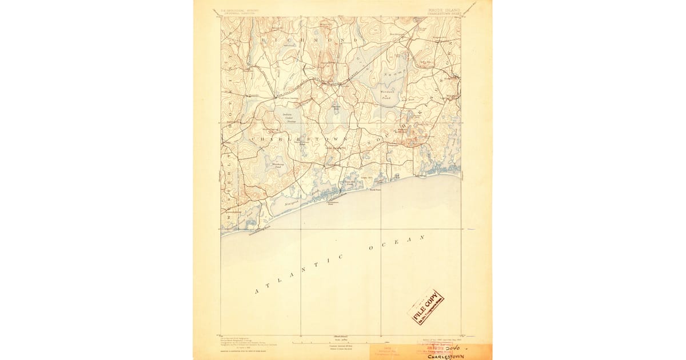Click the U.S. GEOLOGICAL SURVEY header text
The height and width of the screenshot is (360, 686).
pyautogui.click(x=236, y=10)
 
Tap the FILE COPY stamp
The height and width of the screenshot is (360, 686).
pyautogui.click(x=426, y=307)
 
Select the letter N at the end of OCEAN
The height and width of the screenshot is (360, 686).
pyautogui.click(x=423, y=235)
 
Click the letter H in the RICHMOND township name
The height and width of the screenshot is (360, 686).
pyautogui.click(x=290, y=41)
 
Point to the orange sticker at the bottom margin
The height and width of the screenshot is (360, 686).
pyautogui.click(x=389, y=352)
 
